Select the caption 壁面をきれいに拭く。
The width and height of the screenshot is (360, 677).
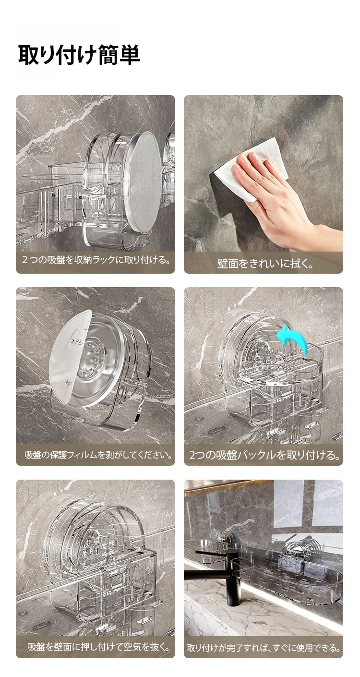(x=265, y=264)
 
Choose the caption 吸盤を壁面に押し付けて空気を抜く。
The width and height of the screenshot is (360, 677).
(x=99, y=646)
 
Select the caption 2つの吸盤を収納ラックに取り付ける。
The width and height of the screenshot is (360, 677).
(x=96, y=260)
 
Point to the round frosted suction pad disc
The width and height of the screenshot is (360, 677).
(x=143, y=182)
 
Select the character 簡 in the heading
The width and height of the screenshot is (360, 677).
(x=109, y=55)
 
